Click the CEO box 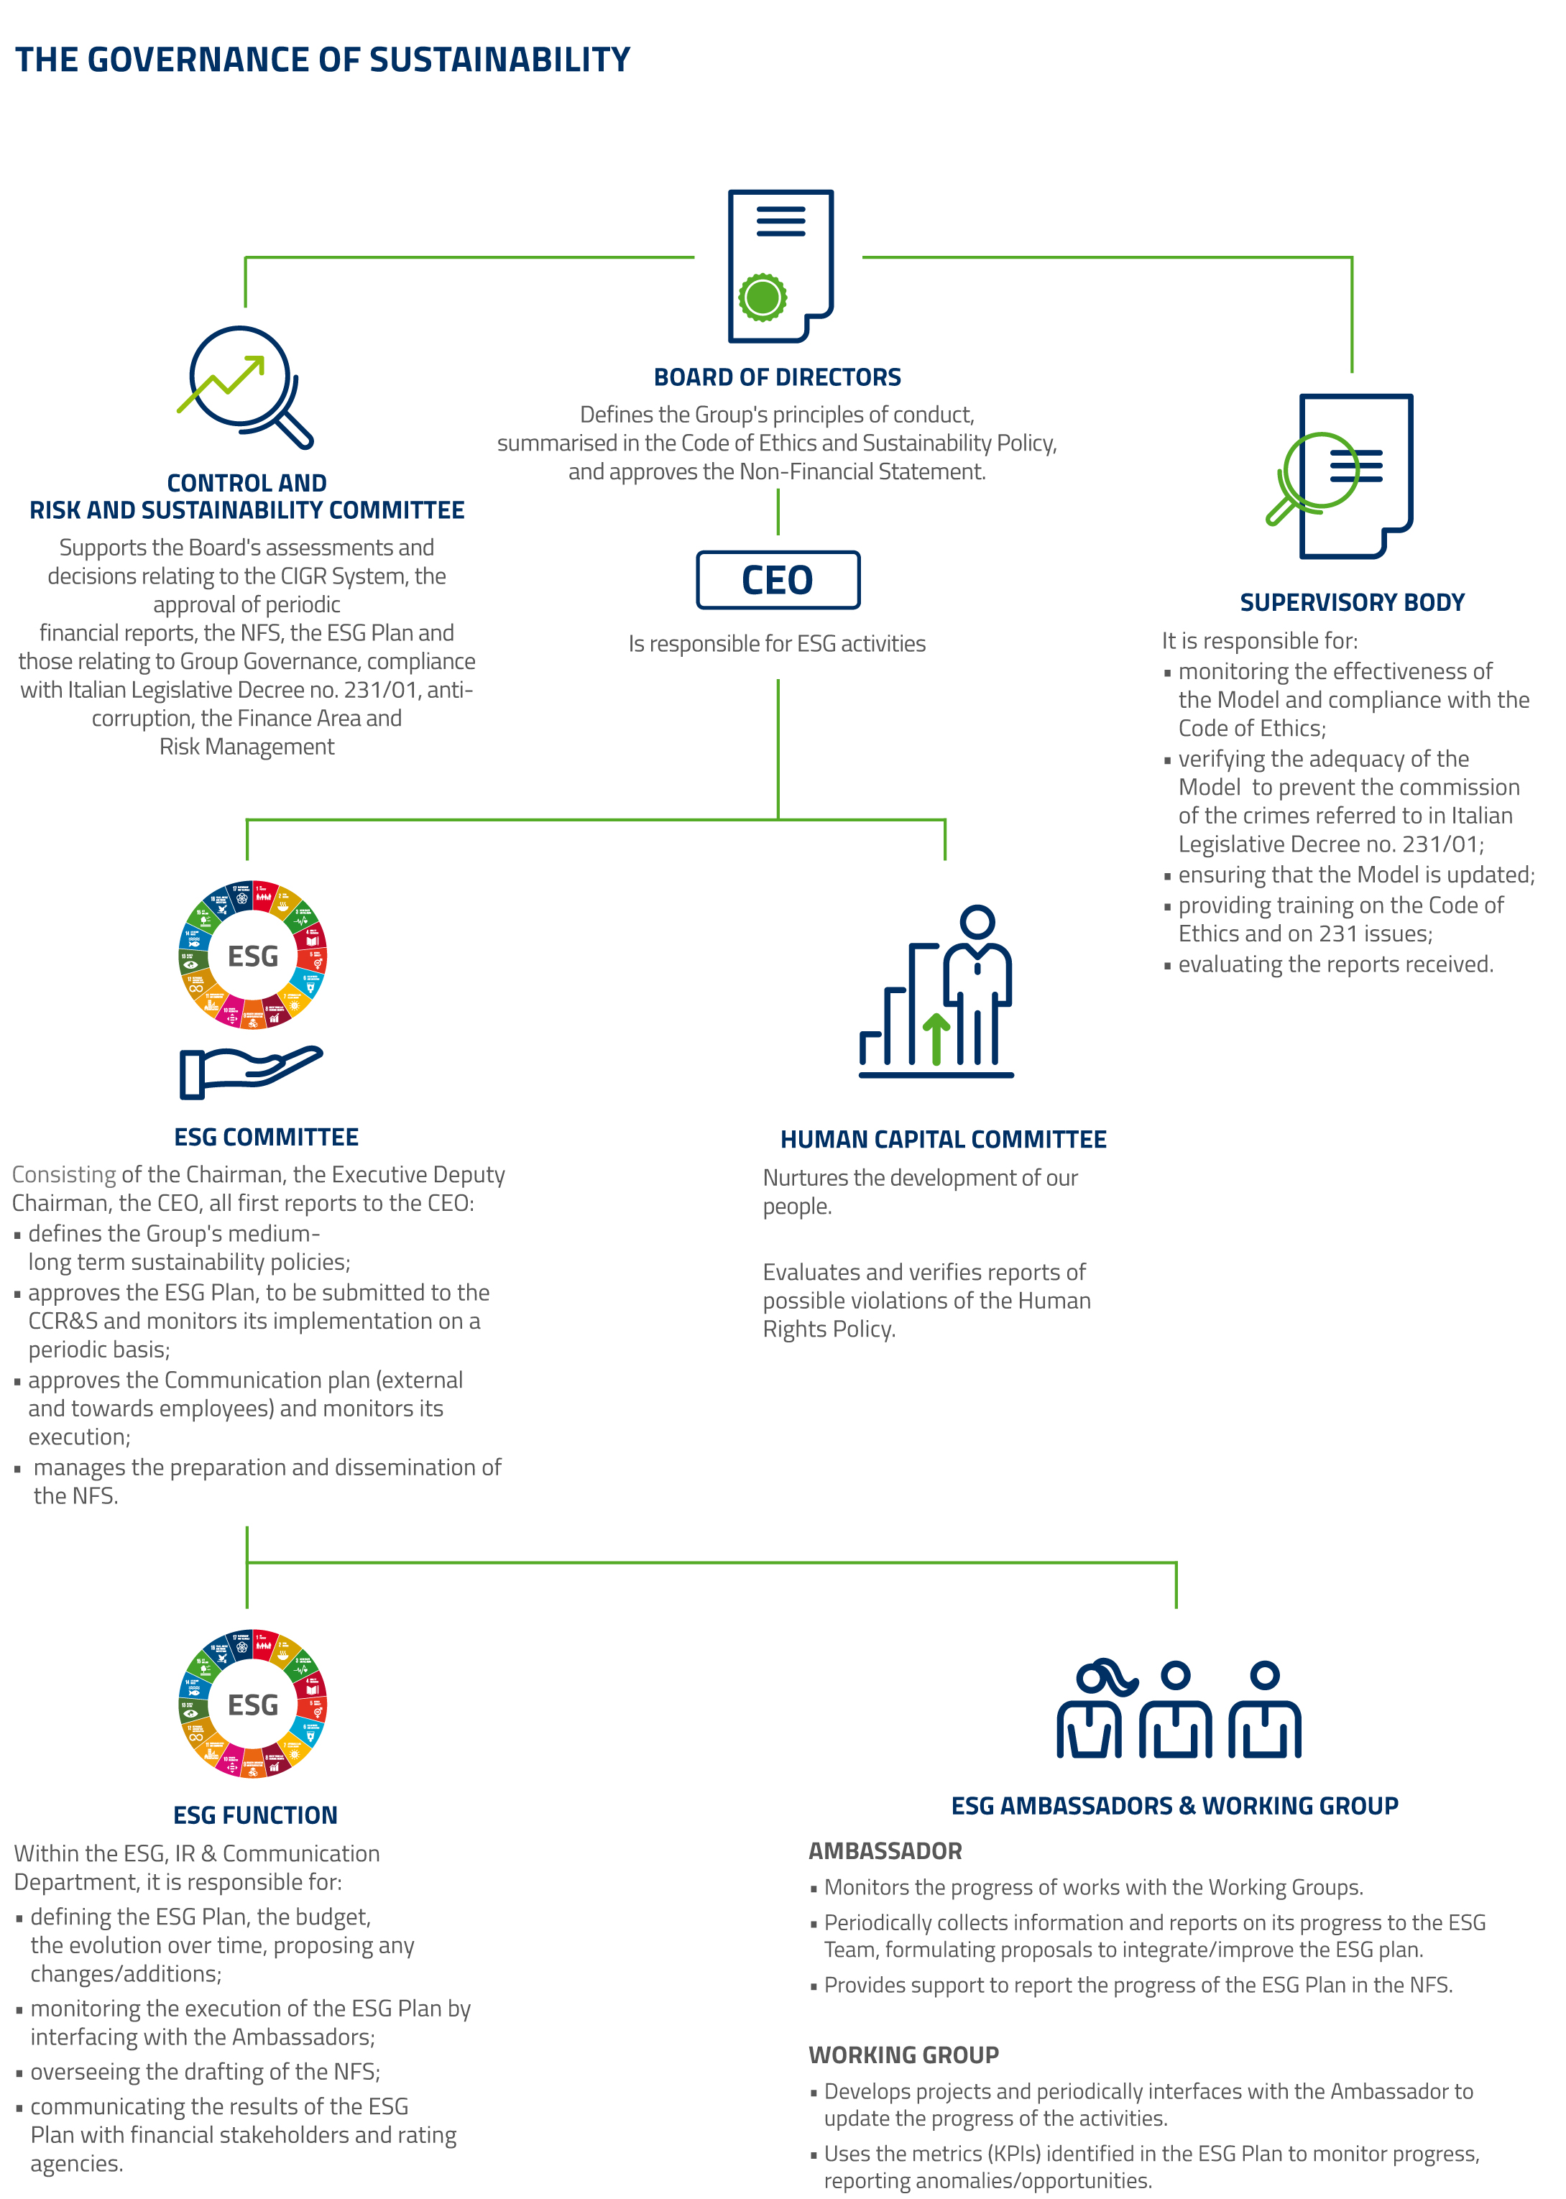click(x=777, y=581)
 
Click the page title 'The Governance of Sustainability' click(x=322, y=60)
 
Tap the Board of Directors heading click(x=777, y=377)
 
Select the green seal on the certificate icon click(x=762, y=296)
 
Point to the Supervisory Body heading click(x=1351, y=602)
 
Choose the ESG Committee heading click(x=266, y=1138)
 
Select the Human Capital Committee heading click(x=942, y=1140)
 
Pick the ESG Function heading click(x=256, y=1815)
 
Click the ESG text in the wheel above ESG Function click(x=253, y=1705)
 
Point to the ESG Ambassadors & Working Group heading click(x=1174, y=1806)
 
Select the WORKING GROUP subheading click(x=903, y=2055)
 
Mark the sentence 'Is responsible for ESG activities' click(x=776, y=644)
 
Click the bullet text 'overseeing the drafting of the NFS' click(x=206, y=2072)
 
